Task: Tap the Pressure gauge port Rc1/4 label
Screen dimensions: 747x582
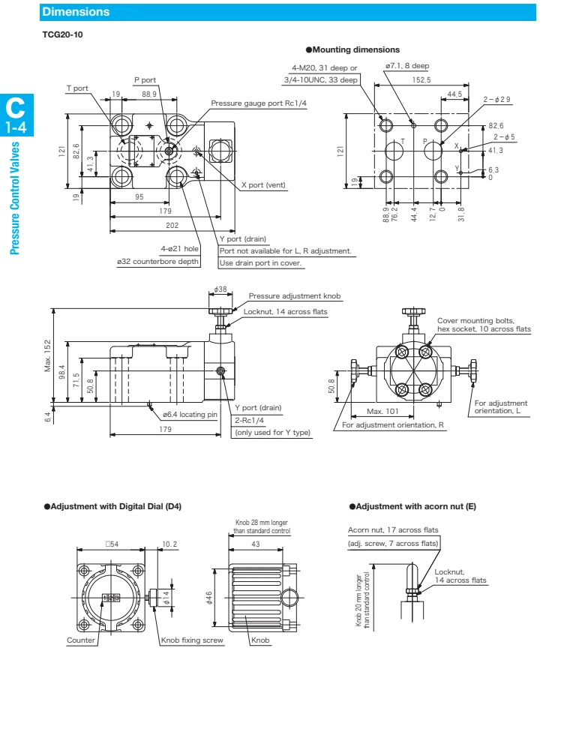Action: pos(259,103)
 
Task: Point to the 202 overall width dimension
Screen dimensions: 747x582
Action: pos(171,224)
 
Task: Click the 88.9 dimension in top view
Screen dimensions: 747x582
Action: pos(148,94)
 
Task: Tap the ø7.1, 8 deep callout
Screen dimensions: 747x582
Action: pos(406,66)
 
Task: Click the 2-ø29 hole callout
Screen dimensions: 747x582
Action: pos(496,100)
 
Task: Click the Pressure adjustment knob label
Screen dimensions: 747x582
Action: pos(294,296)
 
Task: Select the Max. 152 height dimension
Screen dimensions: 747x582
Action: pos(48,356)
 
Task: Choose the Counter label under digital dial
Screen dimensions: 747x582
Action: pos(81,640)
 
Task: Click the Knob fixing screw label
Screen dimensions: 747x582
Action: pos(192,640)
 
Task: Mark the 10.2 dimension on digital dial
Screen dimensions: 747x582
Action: pos(169,544)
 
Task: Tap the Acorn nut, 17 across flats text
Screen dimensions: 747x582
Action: pos(393,530)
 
